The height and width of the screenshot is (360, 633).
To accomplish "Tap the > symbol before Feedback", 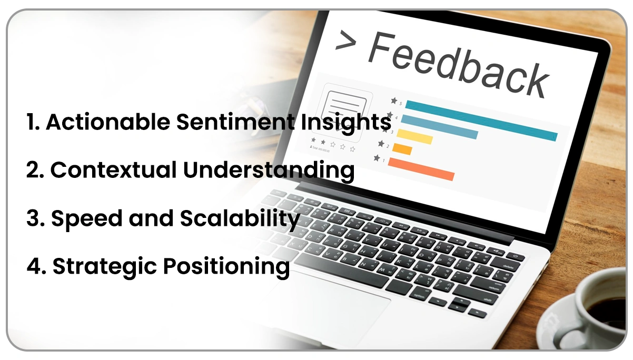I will [345, 41].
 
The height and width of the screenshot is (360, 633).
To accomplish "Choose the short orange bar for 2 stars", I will [402, 149].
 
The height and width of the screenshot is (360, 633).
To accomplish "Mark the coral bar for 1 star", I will [421, 169].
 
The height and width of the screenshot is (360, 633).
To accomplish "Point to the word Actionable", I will [108, 122].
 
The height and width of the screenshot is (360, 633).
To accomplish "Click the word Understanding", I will [269, 170].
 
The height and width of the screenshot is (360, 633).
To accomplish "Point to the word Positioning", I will [226, 266].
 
